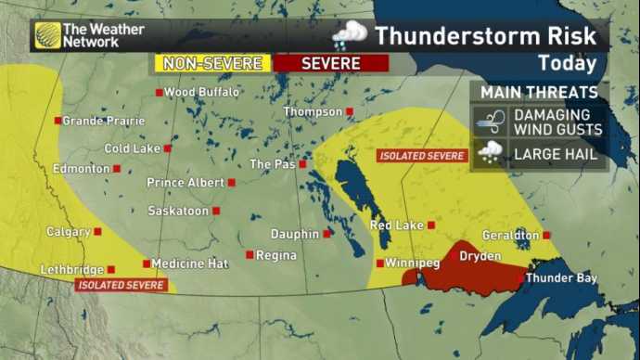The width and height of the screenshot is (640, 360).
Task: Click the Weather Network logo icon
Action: pyautogui.click(x=46, y=35)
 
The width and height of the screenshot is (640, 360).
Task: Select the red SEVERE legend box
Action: pyautogui.click(x=330, y=63)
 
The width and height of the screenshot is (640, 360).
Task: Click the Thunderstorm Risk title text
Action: pyautogui.click(x=491, y=36)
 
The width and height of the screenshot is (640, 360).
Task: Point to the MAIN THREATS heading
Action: pyautogui.click(x=540, y=93)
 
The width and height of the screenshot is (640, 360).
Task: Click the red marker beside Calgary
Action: pyautogui.click(x=97, y=232)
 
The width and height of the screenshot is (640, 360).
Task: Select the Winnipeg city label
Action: pyautogui.click(x=412, y=264)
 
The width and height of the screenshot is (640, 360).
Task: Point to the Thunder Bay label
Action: pyautogui.click(x=561, y=277)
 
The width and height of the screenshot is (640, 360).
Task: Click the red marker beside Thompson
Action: pyautogui.click(x=351, y=111)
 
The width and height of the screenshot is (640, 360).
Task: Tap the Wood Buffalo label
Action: pyautogui.click(x=201, y=92)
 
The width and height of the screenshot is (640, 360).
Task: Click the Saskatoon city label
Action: pyautogui.click(x=178, y=212)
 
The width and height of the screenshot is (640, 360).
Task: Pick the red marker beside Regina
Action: pyautogui.click(x=250, y=254)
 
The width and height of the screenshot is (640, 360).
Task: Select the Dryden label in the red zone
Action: pyautogui.click(x=480, y=256)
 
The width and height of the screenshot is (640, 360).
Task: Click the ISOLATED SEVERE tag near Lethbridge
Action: pyautogui.click(x=122, y=285)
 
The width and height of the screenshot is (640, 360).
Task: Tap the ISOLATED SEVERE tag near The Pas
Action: pyautogui.click(x=422, y=156)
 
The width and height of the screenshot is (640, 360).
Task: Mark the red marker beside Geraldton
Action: pyautogui.click(x=546, y=236)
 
